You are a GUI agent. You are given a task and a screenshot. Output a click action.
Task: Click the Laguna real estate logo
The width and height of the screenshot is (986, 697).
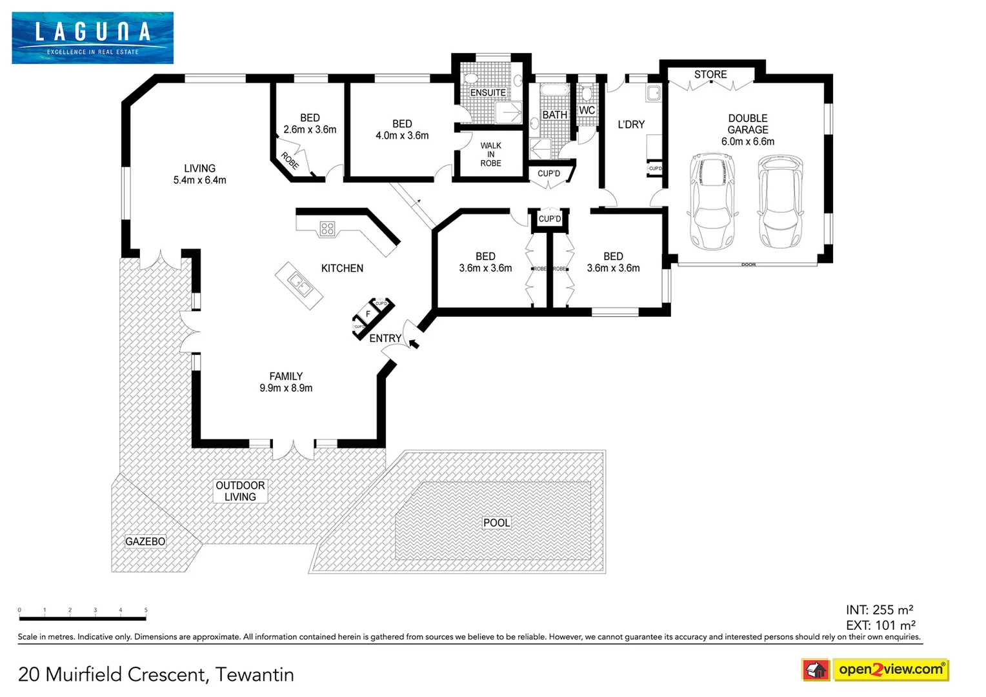(92, 37)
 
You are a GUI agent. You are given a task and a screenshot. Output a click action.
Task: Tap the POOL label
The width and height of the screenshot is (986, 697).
(496, 523)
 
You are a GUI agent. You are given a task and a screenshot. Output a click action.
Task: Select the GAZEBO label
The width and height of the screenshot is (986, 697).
(145, 541)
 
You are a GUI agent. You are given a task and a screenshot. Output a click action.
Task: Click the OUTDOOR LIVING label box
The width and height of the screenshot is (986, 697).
(240, 491)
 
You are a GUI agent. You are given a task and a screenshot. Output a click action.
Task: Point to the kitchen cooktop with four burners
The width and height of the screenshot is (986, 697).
(327, 228)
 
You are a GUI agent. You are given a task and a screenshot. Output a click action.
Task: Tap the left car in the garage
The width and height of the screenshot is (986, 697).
(712, 201)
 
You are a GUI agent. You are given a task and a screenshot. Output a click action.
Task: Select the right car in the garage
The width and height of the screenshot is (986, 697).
(780, 201)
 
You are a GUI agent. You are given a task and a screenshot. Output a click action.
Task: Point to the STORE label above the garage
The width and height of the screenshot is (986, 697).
(710, 75)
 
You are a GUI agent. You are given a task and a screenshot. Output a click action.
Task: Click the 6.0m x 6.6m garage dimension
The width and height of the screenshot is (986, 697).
(748, 141)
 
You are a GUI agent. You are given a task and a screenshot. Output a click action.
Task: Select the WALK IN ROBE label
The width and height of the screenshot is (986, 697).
(490, 154)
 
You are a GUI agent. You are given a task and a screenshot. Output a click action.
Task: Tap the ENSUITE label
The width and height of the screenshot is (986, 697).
(488, 93)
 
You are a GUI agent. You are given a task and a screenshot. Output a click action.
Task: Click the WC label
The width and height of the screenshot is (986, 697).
(587, 110)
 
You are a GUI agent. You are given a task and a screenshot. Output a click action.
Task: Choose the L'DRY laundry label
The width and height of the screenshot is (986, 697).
(631, 125)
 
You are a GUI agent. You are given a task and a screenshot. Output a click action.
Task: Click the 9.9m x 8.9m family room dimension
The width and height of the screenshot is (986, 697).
(286, 388)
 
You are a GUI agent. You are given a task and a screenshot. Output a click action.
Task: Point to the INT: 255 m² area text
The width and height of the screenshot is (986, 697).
(879, 610)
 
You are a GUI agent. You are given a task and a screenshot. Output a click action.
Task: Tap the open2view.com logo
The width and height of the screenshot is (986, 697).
(890, 669)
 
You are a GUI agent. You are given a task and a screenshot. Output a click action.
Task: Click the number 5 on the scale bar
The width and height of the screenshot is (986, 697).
(146, 610)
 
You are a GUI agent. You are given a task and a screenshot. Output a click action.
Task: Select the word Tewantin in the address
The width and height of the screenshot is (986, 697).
(254, 674)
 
